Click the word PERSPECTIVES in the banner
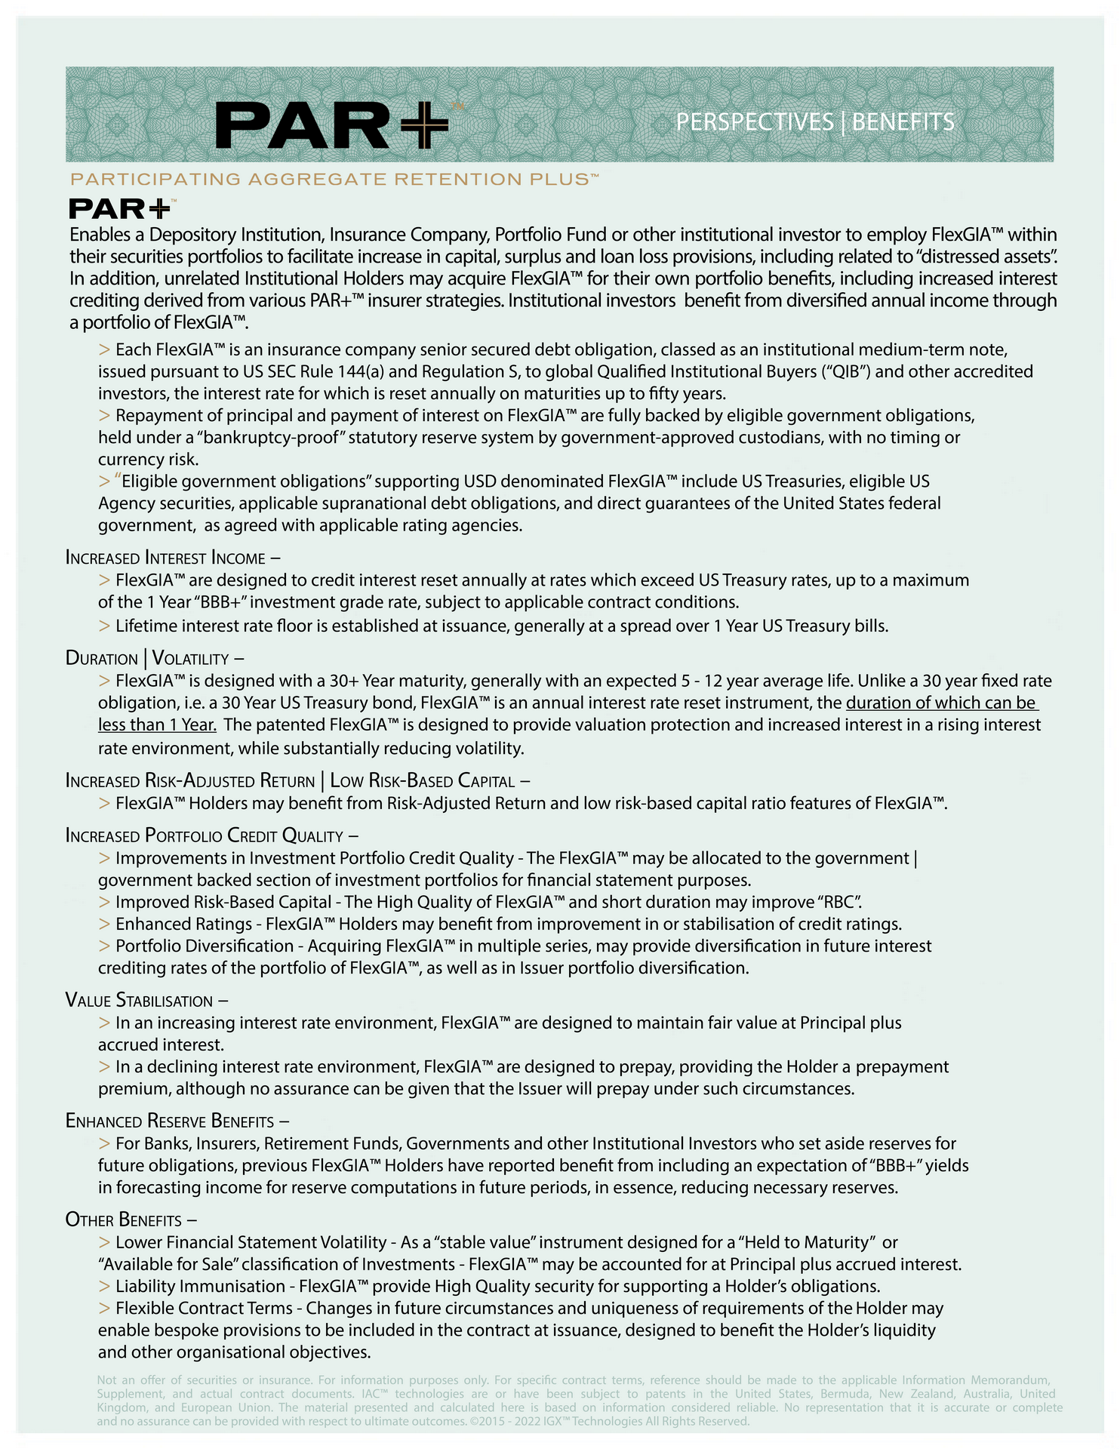(x=754, y=122)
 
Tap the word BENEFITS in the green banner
(x=903, y=122)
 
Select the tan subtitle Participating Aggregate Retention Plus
(x=334, y=180)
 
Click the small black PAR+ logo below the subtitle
(x=121, y=209)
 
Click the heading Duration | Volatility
(x=154, y=659)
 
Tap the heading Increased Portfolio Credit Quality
(x=211, y=836)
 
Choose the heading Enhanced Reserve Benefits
(x=177, y=1121)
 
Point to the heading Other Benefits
(x=131, y=1220)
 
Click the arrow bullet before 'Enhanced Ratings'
(x=104, y=924)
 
